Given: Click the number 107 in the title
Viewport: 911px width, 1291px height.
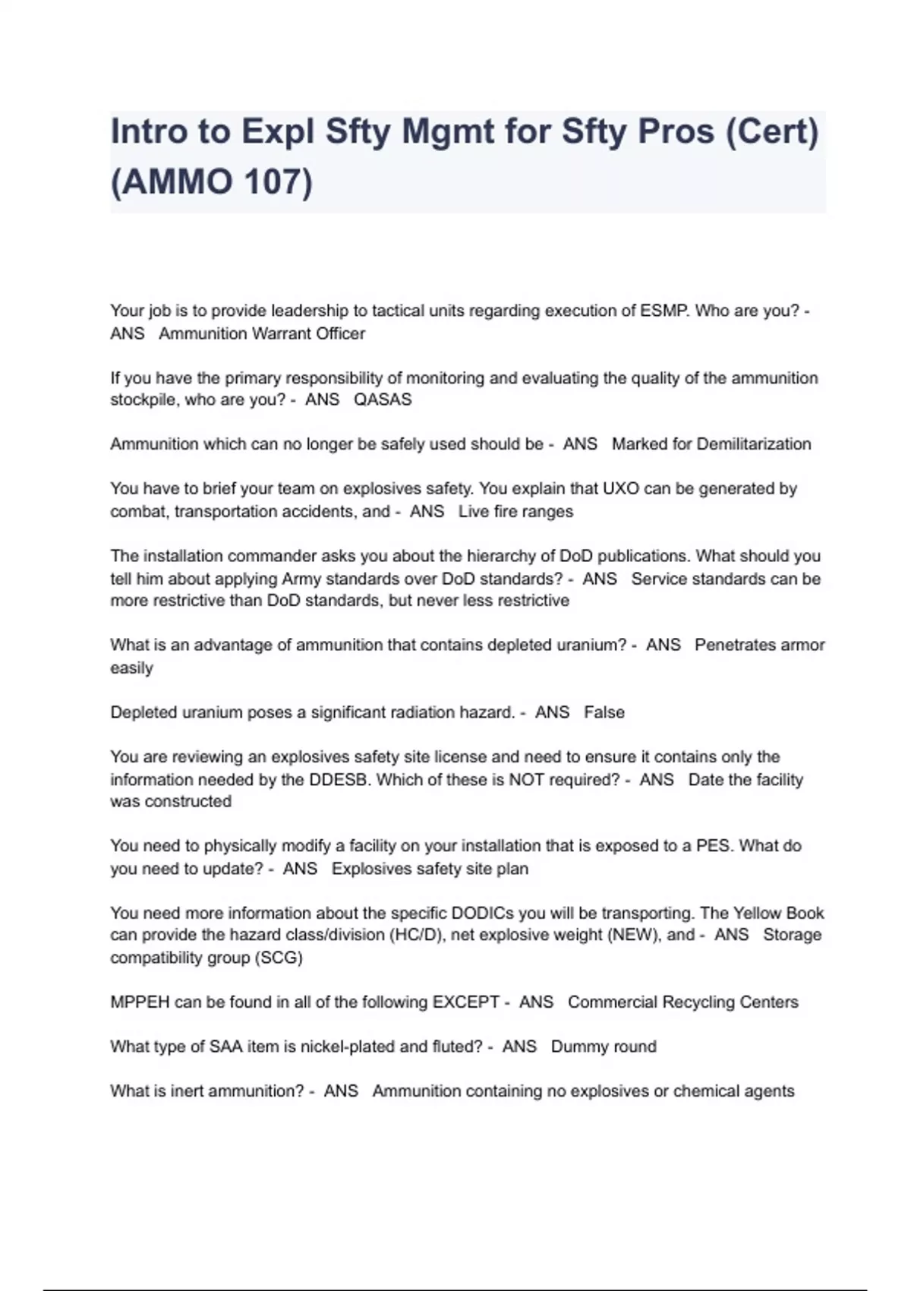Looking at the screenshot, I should pos(270,182).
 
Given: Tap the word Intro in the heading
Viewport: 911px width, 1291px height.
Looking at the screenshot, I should pos(149,131).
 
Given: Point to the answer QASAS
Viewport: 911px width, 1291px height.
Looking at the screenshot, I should pos(383,399).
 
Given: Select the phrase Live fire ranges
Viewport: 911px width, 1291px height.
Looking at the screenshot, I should pos(515,511).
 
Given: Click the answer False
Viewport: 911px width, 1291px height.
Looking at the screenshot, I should pos(604,712).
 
